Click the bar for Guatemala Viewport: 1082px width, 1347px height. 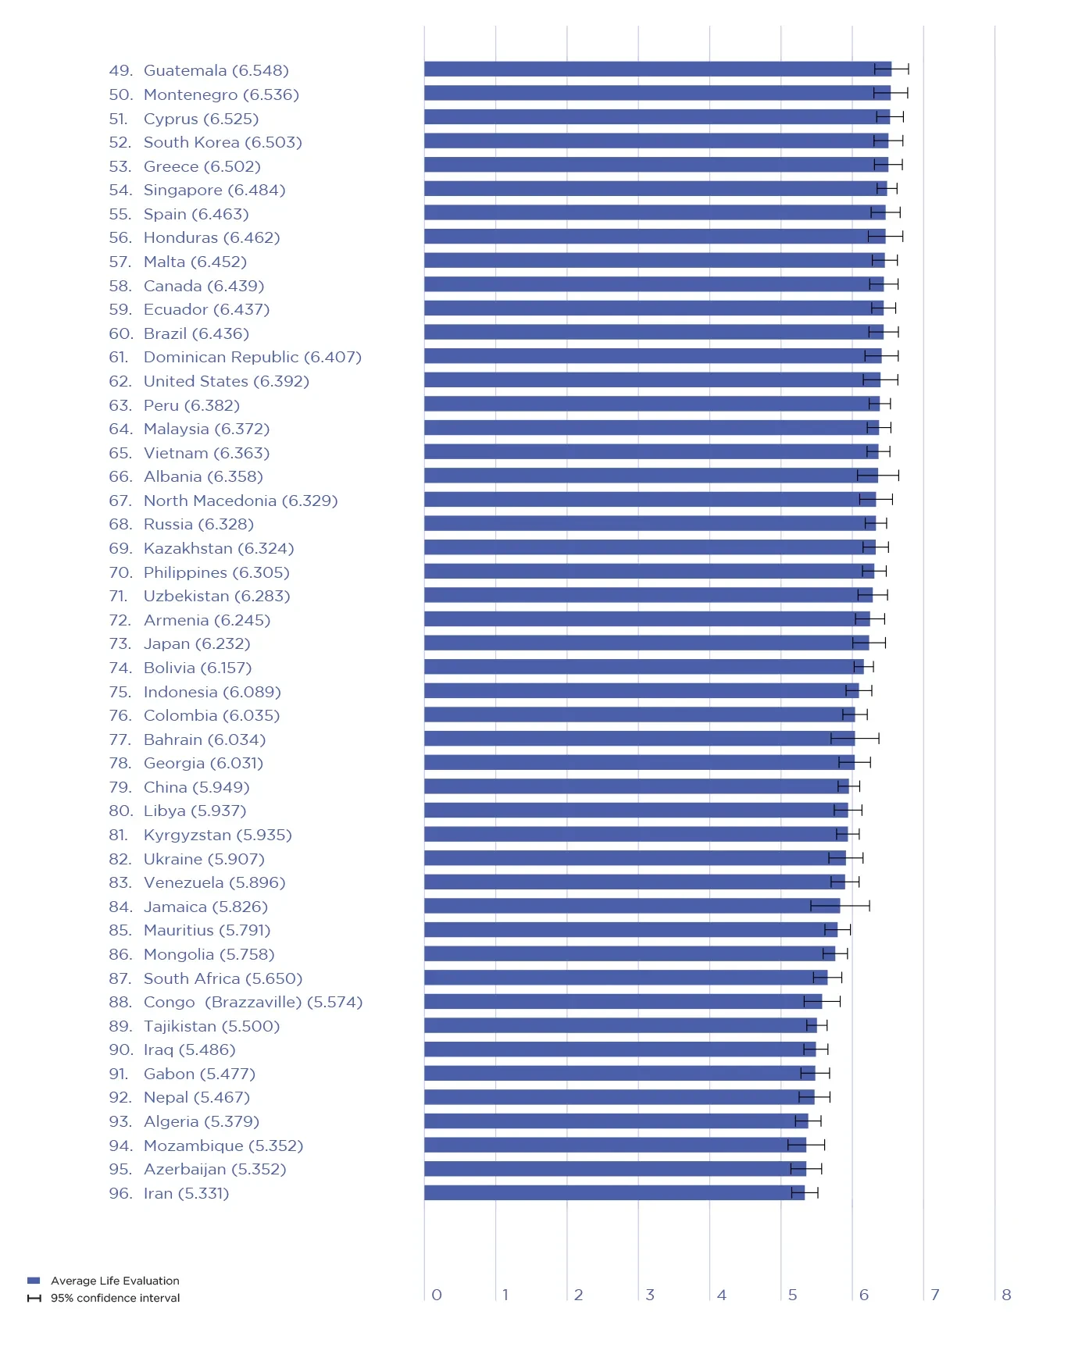pyautogui.click(x=656, y=69)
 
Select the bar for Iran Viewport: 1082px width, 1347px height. pyautogui.click(x=613, y=1192)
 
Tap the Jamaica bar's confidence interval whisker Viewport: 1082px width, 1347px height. pyautogui.click(x=840, y=906)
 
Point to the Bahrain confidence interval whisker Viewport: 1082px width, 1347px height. pyautogui.click(x=855, y=739)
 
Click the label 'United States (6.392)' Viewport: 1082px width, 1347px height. pyautogui.click(x=226, y=381)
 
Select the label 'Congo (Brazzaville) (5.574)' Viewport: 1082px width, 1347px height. pyautogui.click(x=252, y=1002)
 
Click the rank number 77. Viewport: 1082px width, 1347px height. pyautogui.click(x=120, y=739)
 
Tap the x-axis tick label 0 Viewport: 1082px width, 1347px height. pyautogui.click(x=437, y=1295)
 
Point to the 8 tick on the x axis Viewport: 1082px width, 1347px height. pyautogui.click(x=1006, y=1295)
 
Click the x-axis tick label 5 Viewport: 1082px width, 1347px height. pyautogui.click(x=792, y=1295)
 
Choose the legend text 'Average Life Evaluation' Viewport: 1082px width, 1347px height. pyautogui.click(x=115, y=1281)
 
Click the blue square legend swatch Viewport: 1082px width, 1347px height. pyautogui.click(x=34, y=1281)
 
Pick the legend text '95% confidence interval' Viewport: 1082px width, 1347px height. pyautogui.click(x=115, y=1298)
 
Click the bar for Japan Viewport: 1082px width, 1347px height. pyautogui.click(x=646, y=643)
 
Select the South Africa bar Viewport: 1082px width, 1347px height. pyautogui.click(x=625, y=978)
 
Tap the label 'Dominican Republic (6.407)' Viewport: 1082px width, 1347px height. pyautogui.click(x=252, y=357)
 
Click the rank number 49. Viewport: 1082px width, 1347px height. pyautogui.click(x=120, y=70)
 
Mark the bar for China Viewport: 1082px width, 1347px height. pyautogui.click(x=636, y=786)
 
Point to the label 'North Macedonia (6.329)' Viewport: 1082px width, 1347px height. pyautogui.click(x=240, y=501)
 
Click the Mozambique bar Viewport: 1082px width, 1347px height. pyautogui.click(x=615, y=1145)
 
